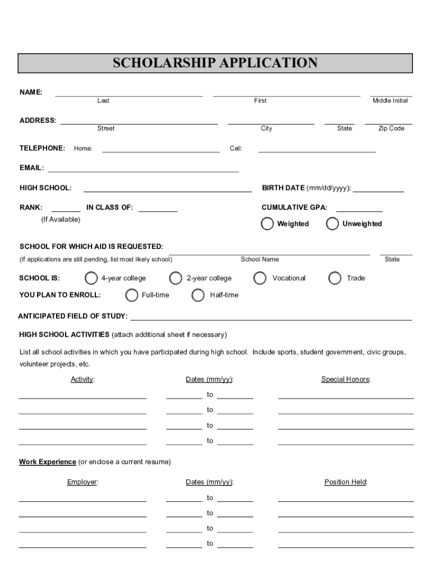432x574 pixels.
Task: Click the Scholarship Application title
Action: [215, 63]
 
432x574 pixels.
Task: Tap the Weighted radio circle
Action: [268, 224]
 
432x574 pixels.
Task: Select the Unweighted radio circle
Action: [333, 224]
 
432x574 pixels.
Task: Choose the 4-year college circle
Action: [91, 278]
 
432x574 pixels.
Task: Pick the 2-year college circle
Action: [176, 278]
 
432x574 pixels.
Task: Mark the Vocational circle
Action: [260, 278]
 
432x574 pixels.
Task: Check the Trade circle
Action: [335, 278]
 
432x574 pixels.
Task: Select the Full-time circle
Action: [132, 295]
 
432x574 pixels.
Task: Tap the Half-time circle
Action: [198, 295]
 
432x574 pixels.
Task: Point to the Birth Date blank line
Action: [378, 191]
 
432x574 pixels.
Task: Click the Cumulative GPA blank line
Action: [359, 210]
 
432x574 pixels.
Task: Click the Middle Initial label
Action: [390, 101]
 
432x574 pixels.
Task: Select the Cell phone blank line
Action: [316, 151]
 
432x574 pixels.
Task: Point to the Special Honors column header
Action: [346, 379]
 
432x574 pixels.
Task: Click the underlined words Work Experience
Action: [48, 462]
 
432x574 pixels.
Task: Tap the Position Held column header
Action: [346, 482]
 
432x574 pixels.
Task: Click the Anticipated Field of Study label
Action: [73, 317]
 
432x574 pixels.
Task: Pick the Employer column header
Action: [82, 482]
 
